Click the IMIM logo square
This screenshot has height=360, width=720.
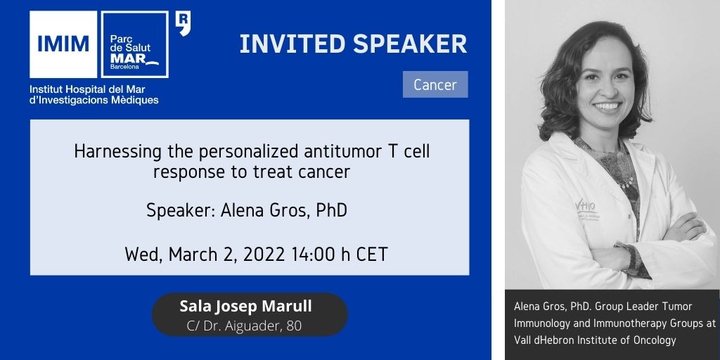[x=63, y=44]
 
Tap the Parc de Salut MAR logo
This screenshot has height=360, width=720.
[x=134, y=44]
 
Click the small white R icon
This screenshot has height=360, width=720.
[x=184, y=23]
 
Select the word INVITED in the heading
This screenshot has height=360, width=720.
[x=292, y=44]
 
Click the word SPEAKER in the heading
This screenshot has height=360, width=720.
[x=410, y=44]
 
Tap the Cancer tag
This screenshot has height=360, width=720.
[x=435, y=84]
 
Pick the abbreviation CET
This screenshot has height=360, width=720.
[x=371, y=255]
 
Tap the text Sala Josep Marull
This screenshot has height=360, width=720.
[x=245, y=306]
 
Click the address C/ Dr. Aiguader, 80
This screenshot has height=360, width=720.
[x=244, y=326]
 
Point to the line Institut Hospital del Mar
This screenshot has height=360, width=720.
[x=87, y=89]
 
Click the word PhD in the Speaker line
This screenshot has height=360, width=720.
[x=332, y=211]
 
